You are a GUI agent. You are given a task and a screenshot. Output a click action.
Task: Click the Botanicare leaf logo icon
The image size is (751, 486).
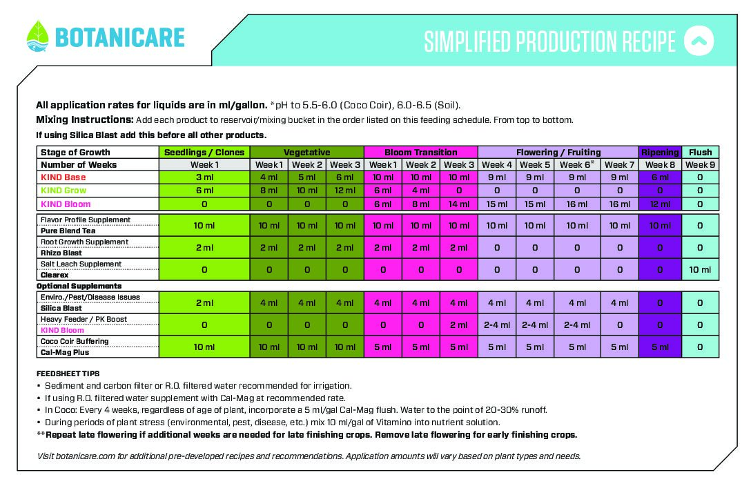pyautogui.click(x=37, y=36)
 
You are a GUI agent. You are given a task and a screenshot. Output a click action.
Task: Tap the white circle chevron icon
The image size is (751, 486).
pyautogui.click(x=699, y=41)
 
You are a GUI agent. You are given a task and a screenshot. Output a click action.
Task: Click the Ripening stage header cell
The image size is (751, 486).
pyautogui.click(x=660, y=152)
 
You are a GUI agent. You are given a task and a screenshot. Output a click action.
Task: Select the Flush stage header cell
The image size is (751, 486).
pyautogui.click(x=700, y=152)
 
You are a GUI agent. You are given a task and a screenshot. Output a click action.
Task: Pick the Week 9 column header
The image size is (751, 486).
pyautogui.click(x=700, y=165)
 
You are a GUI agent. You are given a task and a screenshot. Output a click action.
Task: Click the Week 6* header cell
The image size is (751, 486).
pyautogui.click(x=577, y=165)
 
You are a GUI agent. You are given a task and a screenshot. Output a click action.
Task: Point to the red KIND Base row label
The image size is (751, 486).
pyautogui.click(x=64, y=178)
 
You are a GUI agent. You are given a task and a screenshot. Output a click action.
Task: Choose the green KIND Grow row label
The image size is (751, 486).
pyautogui.click(x=64, y=191)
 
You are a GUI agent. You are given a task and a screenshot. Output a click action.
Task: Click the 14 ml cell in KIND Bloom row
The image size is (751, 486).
pyautogui.click(x=459, y=204)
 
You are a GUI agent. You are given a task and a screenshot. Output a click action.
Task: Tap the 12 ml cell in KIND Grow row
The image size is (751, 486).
pyautogui.click(x=345, y=191)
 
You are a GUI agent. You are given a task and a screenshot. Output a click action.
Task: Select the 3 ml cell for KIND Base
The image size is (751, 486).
pyautogui.click(x=204, y=178)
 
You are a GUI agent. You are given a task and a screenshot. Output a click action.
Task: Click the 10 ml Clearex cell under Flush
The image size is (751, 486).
pyautogui.click(x=700, y=269)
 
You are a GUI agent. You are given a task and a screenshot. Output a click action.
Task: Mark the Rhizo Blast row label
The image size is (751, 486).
pyautogui.click(x=61, y=253)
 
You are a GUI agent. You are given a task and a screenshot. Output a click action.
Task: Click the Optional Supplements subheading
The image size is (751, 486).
pyautogui.click(x=79, y=286)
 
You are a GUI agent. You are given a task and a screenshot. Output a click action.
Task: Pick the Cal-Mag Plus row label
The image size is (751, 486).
pyautogui.click(x=65, y=352)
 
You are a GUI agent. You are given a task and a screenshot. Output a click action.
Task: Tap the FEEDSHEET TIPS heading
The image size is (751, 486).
pyautogui.click(x=68, y=373)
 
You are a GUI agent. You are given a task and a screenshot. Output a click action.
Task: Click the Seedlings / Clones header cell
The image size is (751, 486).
pyautogui.click(x=204, y=152)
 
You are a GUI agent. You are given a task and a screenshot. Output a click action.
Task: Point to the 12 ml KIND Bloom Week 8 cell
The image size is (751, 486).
pyautogui.click(x=660, y=204)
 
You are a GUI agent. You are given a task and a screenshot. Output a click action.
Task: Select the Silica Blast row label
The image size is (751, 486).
pyautogui.click(x=61, y=308)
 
